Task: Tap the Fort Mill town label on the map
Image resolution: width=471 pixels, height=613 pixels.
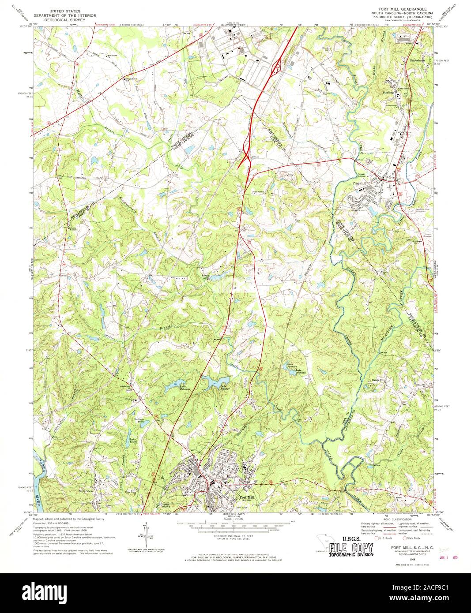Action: click(x=246, y=498)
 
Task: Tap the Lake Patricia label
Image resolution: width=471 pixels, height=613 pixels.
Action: click(x=185, y=388)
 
